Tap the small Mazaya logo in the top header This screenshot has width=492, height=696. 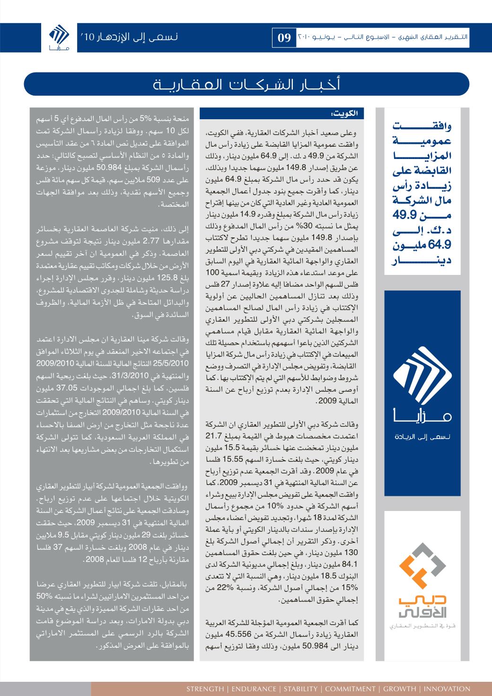coord(59,37)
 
